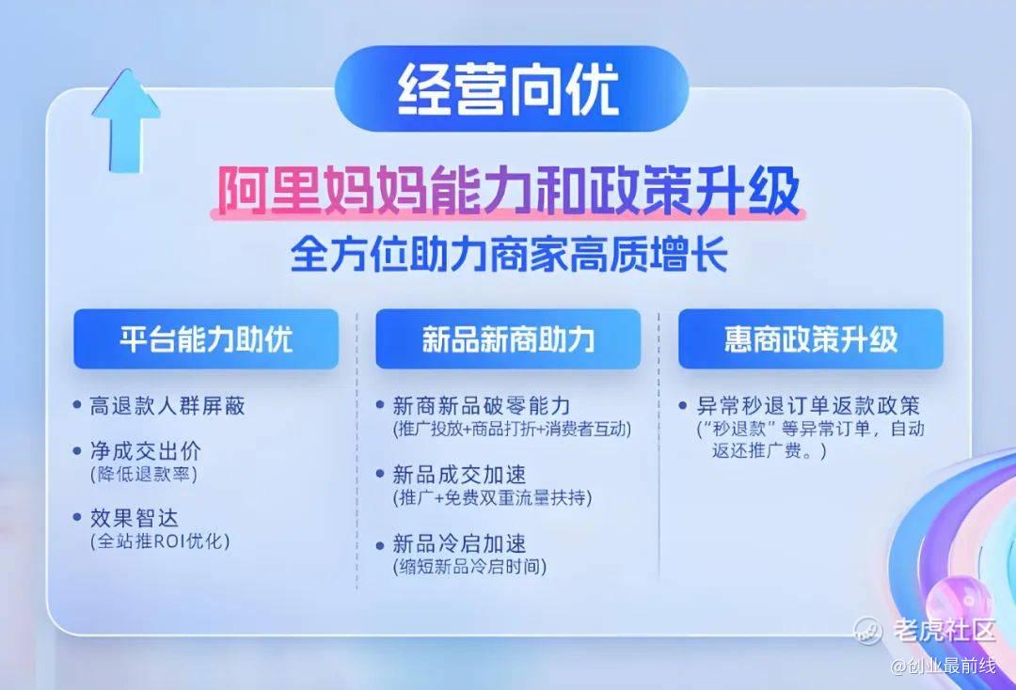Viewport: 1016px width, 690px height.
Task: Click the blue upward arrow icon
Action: point(126,121)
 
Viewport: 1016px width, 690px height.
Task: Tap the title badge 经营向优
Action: point(511,88)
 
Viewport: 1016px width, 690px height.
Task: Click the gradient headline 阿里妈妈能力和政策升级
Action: point(508,192)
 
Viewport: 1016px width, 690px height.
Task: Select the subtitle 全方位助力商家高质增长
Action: point(509,255)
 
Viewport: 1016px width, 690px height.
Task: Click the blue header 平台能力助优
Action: point(206,339)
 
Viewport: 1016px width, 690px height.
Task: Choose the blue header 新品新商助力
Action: point(508,339)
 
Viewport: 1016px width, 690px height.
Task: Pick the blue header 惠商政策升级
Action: point(811,339)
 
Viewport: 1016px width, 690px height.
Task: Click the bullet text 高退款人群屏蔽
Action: point(167,406)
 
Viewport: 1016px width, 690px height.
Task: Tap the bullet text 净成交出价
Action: point(145,451)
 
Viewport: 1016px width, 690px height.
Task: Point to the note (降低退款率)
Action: point(143,474)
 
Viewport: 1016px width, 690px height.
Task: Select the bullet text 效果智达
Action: point(134,518)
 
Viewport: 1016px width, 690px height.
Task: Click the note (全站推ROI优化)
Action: point(160,541)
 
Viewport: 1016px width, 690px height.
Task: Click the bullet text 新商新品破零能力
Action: point(481,406)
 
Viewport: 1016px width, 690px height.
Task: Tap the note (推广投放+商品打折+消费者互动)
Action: point(511,430)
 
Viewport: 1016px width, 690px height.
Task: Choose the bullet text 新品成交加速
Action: point(459,475)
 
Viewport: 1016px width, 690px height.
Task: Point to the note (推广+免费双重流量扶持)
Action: point(492,497)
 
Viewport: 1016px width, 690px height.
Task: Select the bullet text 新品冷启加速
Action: point(459,543)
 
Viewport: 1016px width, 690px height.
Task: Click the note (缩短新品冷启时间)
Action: point(469,567)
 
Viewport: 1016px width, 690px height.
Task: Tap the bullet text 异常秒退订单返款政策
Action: point(808,406)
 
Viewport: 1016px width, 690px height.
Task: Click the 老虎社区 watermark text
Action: point(944,630)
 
